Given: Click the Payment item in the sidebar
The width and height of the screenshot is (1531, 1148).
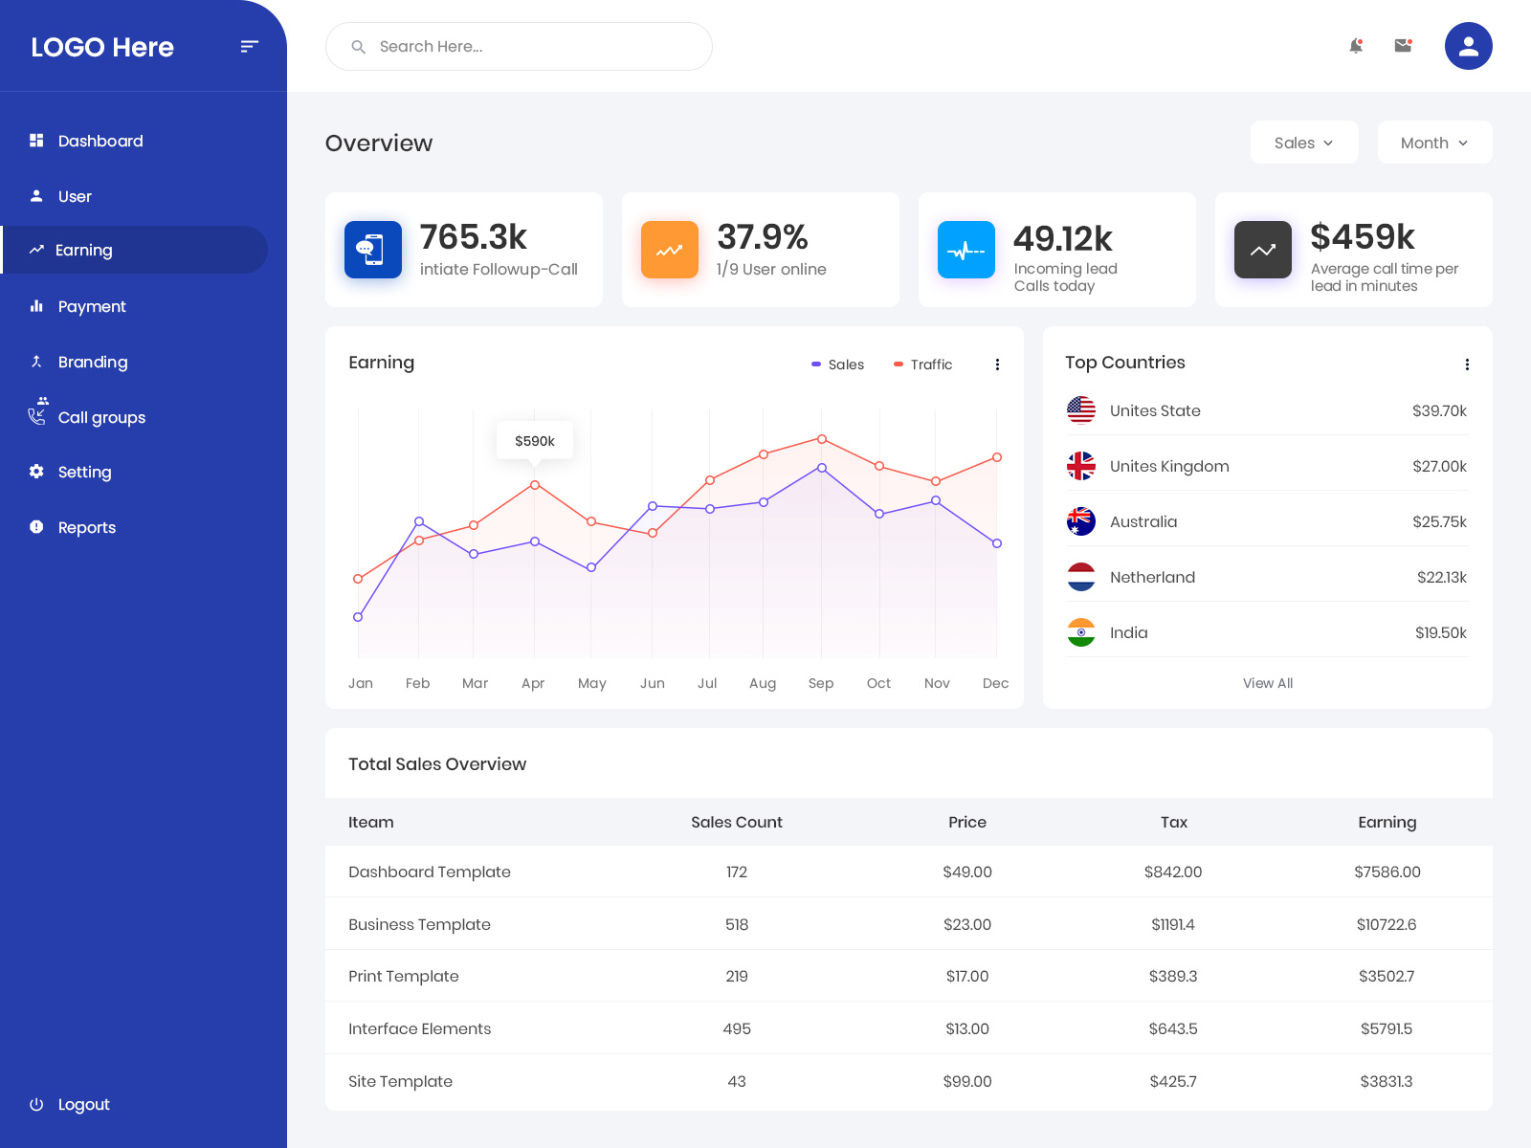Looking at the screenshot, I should point(91,306).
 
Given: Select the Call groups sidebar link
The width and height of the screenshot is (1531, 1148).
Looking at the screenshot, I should point(100,417).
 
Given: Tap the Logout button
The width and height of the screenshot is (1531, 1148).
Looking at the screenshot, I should point(82,1104).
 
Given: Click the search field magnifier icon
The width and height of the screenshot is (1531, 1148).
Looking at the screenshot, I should point(359,47).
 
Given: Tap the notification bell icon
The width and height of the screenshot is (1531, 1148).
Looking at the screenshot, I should point(1356,46).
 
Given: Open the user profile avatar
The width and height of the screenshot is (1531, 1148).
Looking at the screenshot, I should point(1468,46).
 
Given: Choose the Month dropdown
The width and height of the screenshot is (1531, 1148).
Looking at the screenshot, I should point(1433,143).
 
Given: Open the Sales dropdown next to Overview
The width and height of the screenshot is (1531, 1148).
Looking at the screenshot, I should point(1303,143).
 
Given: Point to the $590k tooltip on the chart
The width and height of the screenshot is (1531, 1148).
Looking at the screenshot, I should point(534,441).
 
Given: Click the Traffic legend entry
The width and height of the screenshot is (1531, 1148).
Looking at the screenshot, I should point(923,364).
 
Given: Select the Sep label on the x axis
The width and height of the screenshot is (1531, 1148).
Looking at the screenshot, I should point(821,683).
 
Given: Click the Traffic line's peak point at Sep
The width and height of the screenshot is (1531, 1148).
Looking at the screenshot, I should point(822,439).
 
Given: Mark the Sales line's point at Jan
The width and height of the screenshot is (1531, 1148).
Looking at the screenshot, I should point(358,617).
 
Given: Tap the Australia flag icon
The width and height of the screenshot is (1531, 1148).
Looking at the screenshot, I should point(1081,521).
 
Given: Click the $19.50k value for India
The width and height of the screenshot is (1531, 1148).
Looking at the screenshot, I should point(1440,632).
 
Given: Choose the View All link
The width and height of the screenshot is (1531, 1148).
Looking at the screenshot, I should point(1267,683).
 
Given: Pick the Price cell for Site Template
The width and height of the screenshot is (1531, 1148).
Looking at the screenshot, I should point(966,1081).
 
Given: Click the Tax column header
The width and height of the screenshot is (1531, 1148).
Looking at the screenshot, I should point(1173,822).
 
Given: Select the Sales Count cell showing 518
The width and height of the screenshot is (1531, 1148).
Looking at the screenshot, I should point(737,924).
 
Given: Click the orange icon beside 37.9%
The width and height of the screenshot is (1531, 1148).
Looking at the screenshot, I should point(670,250).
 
